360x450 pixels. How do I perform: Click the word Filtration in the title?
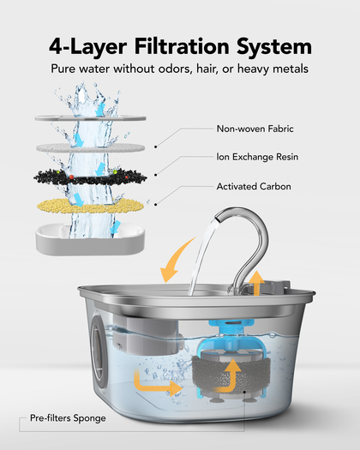[x=182, y=46]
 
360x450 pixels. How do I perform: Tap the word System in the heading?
[x=274, y=47]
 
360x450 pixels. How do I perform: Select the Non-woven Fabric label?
[x=255, y=129]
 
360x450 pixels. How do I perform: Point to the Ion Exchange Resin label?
[x=257, y=157]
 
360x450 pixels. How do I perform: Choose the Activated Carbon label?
[x=254, y=187]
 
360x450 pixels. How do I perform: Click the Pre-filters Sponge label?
[x=68, y=418]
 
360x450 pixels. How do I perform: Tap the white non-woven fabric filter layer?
[x=91, y=147]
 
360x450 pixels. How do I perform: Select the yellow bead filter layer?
[x=90, y=206]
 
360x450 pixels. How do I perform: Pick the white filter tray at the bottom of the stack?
[x=90, y=239]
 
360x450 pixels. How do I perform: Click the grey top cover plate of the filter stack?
[x=91, y=117]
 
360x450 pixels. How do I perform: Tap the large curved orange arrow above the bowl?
[x=174, y=258]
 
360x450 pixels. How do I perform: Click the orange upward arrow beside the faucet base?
[x=256, y=283]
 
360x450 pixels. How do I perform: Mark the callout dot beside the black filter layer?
[x=156, y=175]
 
